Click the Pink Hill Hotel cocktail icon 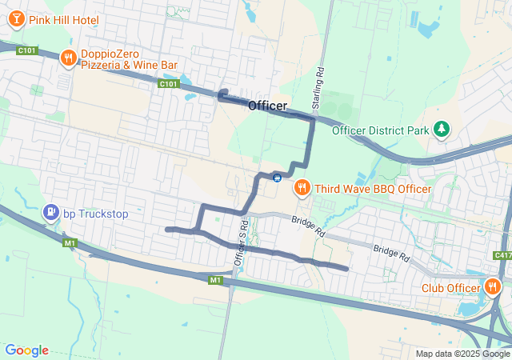coord(17,18)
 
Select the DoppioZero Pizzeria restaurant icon coord(69,57)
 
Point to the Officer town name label coord(267,106)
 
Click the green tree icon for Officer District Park coord(441,129)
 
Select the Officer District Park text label coord(380,130)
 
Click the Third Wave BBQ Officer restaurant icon coord(302,188)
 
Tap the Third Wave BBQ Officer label coord(373,189)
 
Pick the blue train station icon coord(277,177)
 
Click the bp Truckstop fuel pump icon coord(50,213)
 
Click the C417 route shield coord(502,255)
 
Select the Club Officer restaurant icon coord(492,286)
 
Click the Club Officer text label coord(450,287)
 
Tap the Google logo coord(26,350)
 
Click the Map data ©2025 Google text coord(462,354)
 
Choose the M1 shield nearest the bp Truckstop coord(70,242)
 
